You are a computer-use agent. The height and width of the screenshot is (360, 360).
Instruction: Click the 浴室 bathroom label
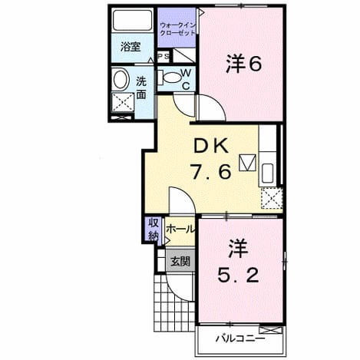click(130, 48)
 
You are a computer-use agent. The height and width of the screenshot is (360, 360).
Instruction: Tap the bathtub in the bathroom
click(132, 20)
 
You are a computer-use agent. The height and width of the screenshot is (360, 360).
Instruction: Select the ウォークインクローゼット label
click(178, 29)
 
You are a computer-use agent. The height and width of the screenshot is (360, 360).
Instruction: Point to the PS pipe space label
click(163, 57)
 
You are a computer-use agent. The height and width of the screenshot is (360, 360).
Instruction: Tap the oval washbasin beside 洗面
click(120, 80)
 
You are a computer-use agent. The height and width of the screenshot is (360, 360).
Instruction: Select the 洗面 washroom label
click(141, 88)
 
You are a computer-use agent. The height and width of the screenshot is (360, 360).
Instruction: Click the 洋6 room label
click(243, 64)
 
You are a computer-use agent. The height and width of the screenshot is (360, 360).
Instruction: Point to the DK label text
click(211, 146)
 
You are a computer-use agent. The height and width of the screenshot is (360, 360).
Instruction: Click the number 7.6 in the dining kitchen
click(211, 172)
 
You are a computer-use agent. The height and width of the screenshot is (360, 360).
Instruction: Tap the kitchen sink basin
click(268, 173)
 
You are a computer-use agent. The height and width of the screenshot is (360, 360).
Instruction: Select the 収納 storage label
click(154, 230)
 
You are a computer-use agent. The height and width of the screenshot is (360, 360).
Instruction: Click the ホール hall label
click(180, 229)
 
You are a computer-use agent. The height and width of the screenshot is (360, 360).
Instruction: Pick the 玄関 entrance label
click(180, 262)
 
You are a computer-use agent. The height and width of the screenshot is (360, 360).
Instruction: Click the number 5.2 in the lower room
click(238, 276)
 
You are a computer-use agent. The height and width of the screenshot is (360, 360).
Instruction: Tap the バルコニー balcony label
click(240, 339)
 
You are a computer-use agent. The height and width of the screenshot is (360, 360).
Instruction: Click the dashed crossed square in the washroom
click(123, 102)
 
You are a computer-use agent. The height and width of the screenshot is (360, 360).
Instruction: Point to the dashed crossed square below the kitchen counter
click(272, 198)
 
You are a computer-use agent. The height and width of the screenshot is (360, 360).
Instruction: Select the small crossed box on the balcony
click(271, 330)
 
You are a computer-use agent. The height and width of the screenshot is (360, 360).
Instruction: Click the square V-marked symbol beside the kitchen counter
click(248, 163)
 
